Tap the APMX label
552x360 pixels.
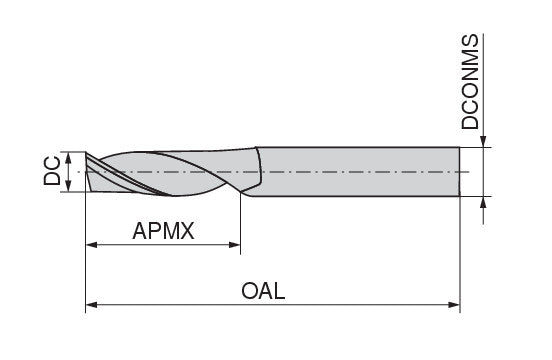coord(163,232)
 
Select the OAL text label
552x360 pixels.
coord(264,292)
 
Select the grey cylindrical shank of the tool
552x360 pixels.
coord(360,172)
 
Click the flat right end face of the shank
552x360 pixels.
coord(458,172)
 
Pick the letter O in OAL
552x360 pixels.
coord(250,292)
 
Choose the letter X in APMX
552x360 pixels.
coord(186,232)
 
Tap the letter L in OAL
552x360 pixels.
coord(280,292)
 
